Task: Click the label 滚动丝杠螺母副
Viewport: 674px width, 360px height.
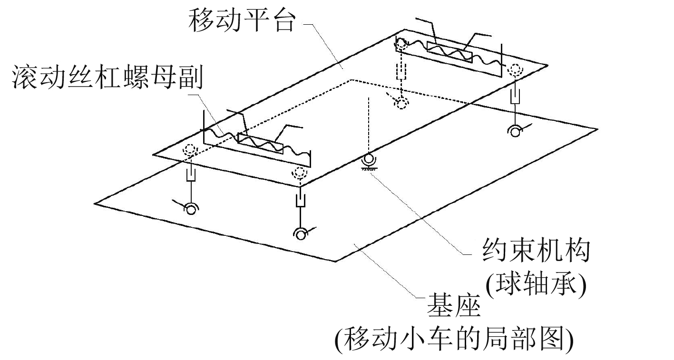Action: pos(108,78)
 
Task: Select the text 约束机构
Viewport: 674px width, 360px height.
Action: pos(535,251)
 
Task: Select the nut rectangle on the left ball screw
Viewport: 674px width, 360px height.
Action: pos(260,144)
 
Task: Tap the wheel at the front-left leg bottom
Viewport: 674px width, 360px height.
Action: pos(192,208)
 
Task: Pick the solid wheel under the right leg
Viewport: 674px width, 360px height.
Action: pos(515,130)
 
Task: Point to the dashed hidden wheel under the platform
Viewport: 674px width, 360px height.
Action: pos(402,104)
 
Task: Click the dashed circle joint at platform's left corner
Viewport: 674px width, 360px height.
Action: pos(190,150)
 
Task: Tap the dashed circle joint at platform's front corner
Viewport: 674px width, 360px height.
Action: pos(300,173)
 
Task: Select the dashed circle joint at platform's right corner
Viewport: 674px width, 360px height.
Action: pos(515,70)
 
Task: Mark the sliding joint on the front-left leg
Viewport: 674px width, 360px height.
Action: pos(191,176)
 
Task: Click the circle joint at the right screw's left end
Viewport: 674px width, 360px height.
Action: pos(400,44)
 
